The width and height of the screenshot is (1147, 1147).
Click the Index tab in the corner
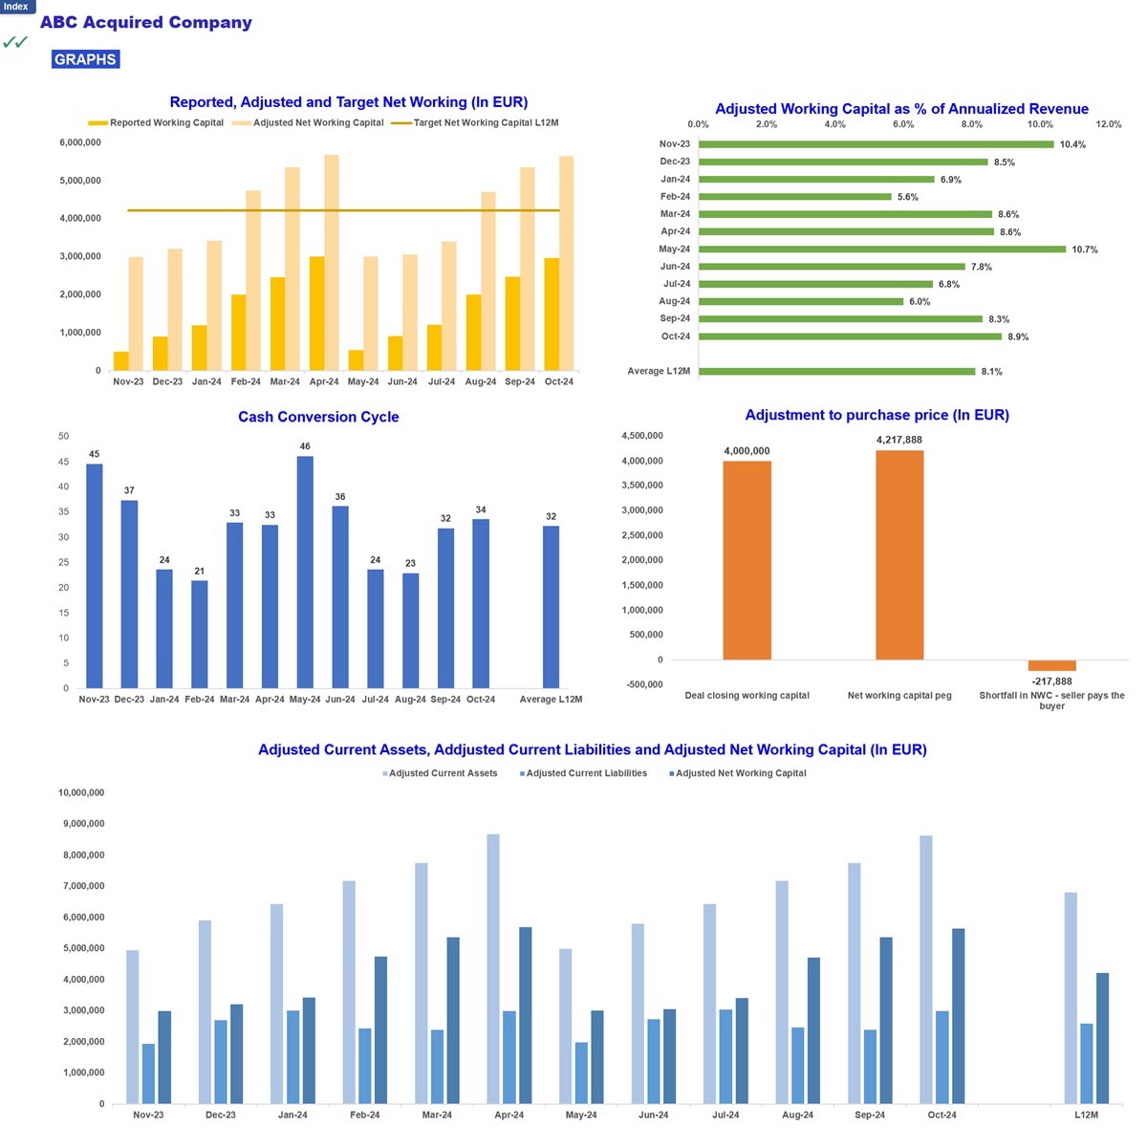[16, 7]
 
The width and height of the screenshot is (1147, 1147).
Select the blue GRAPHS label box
[85, 59]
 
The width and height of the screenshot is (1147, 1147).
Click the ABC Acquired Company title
[146, 22]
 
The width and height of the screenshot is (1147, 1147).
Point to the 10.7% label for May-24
[1084, 249]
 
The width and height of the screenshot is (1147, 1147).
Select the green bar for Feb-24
[794, 197]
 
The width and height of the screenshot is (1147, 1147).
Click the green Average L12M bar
[836, 371]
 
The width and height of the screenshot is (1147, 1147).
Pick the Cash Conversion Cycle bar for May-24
[305, 572]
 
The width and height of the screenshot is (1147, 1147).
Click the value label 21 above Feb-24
[200, 571]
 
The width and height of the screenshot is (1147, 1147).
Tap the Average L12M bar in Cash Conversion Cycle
[551, 607]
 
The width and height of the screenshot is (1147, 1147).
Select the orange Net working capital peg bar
[898, 554]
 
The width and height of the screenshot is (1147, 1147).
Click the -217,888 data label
[1051, 681]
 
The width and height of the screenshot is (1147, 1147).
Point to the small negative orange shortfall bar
[1051, 665]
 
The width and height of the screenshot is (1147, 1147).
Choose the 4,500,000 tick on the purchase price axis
[641, 436]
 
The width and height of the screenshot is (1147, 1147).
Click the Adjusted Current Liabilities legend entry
[583, 772]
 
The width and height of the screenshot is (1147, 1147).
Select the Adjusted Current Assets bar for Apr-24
[493, 968]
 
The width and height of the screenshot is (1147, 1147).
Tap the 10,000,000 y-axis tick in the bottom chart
[81, 792]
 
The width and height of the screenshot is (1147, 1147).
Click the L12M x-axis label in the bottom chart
[1086, 1115]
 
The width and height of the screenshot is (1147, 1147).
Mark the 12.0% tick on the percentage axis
[1108, 124]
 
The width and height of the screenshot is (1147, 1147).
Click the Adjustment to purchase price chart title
[876, 415]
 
